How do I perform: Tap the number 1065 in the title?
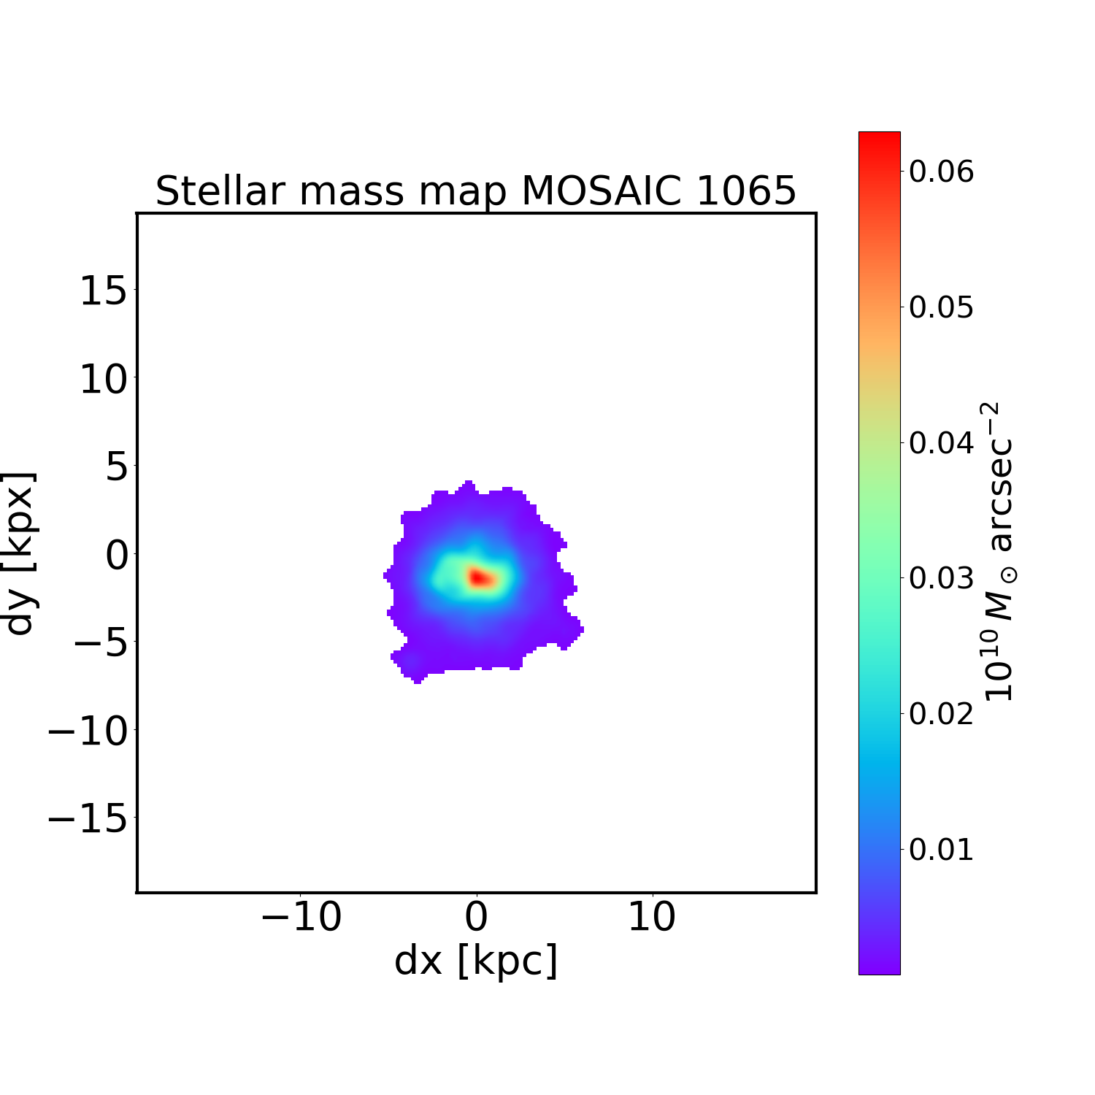746,191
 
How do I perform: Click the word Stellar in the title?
219,191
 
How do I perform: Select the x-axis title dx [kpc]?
476,960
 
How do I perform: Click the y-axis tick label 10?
103,380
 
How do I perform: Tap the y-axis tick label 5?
117,467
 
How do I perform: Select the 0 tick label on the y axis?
117,555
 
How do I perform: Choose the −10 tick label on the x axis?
301,917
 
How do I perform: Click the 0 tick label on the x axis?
476,917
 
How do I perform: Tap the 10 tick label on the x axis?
652,917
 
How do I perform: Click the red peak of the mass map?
479,577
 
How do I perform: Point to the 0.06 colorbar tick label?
941,171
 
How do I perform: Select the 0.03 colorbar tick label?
941,577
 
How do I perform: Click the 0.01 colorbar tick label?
941,849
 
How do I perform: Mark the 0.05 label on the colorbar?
941,307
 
